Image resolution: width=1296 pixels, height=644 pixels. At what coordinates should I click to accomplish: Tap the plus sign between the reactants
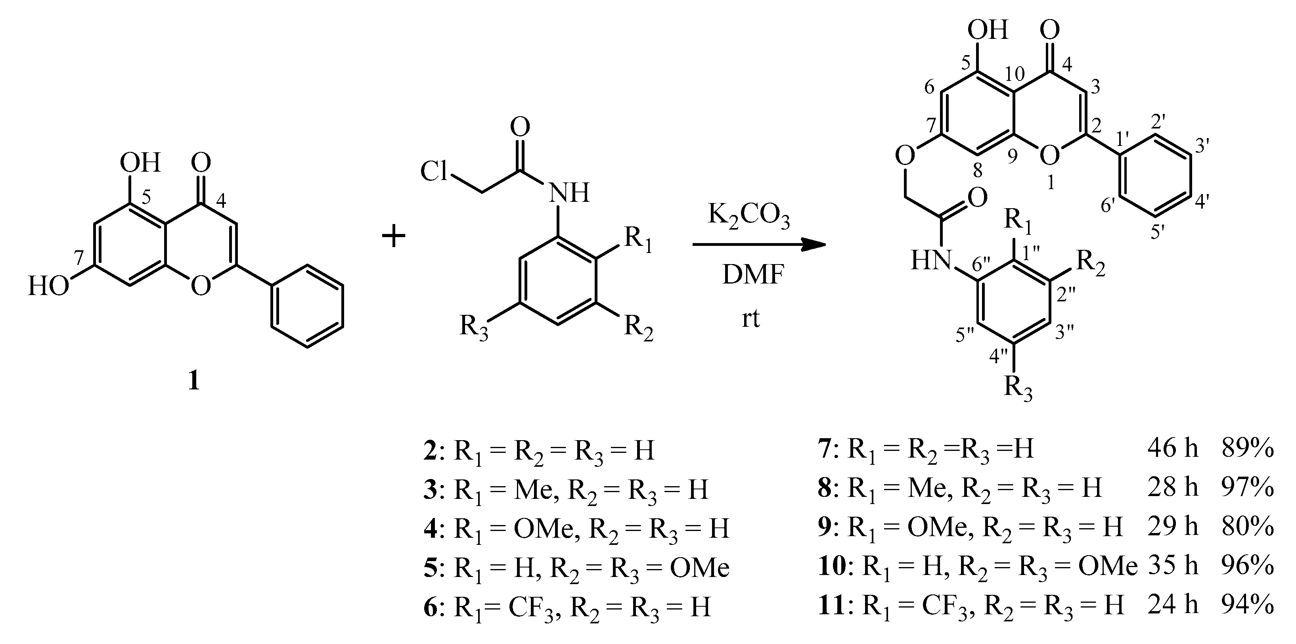pyautogui.click(x=394, y=236)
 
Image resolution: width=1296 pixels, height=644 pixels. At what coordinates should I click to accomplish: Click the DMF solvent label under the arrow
pyautogui.click(x=753, y=275)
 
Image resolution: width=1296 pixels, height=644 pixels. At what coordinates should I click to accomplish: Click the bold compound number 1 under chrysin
pyautogui.click(x=194, y=381)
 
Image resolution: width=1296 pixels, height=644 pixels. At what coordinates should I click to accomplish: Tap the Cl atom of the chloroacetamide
pyautogui.click(x=434, y=172)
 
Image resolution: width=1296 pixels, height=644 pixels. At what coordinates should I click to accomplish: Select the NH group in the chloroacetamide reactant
pyautogui.click(x=569, y=193)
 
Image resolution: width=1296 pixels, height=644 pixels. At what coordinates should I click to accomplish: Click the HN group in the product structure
pyautogui.click(x=931, y=261)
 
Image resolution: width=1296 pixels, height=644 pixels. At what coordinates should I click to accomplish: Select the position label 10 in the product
pyautogui.click(x=1015, y=74)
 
